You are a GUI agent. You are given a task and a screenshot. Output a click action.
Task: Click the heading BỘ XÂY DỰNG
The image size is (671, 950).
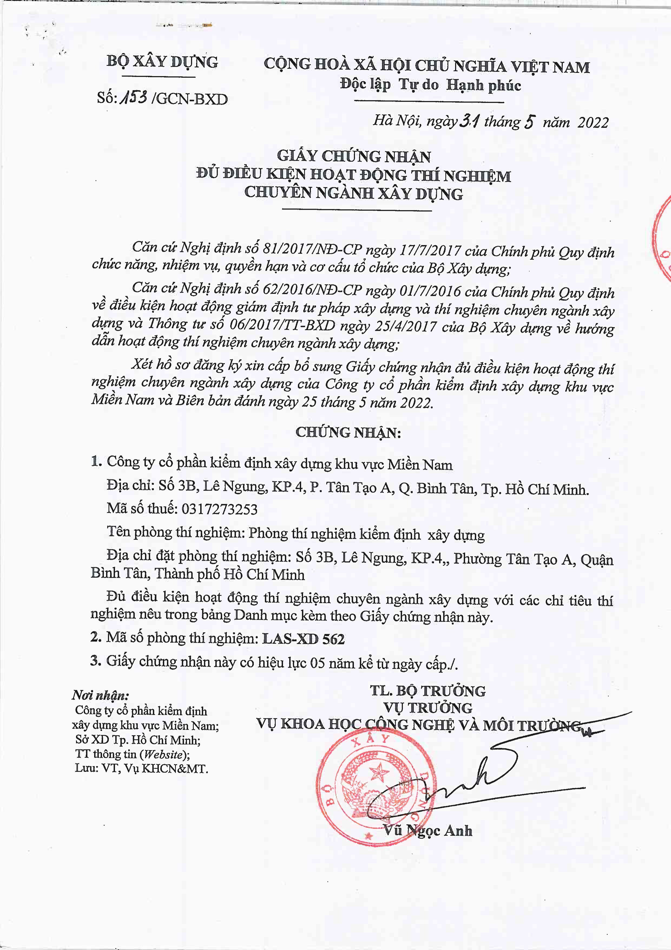(162, 62)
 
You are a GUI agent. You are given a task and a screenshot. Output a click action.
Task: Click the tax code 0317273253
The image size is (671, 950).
(219, 508)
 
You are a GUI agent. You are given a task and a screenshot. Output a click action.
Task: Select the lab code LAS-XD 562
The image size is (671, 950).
(304, 639)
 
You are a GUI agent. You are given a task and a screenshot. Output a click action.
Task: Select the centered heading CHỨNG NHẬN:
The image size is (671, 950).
(348, 432)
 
